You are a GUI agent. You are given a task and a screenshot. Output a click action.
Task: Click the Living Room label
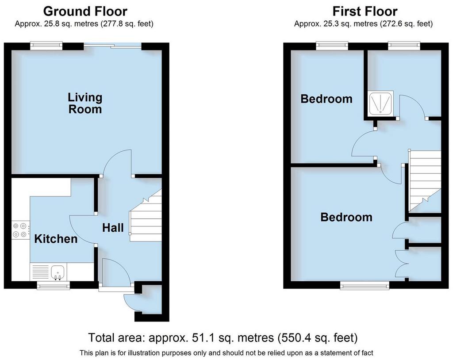(x=85, y=103)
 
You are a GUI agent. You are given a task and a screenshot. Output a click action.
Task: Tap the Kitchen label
(x=56, y=239)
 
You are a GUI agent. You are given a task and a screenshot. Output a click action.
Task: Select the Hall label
(x=113, y=228)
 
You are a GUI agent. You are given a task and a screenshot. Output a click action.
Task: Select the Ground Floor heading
(x=85, y=11)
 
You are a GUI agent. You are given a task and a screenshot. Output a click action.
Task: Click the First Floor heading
(x=365, y=11)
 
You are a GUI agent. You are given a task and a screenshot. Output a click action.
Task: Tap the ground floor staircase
(x=145, y=215)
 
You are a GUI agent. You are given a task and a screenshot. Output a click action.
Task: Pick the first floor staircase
(x=424, y=181)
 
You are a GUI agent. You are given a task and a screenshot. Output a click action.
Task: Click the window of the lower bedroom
(x=365, y=285)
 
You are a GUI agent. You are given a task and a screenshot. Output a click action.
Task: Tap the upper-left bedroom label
(x=326, y=99)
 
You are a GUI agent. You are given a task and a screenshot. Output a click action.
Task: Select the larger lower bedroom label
(x=346, y=217)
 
